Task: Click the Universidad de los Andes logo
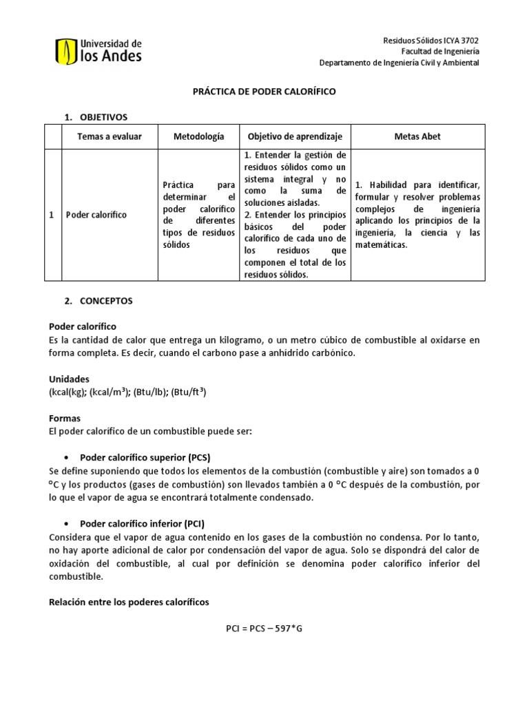coord(98,50)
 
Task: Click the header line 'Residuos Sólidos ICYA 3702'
coord(431,41)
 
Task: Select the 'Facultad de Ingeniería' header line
coord(441,52)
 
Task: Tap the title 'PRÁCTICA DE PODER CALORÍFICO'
coord(264,92)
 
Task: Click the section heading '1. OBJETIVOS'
coord(96,117)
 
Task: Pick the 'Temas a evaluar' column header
coord(110,136)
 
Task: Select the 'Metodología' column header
coord(199,136)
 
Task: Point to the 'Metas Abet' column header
coord(418,136)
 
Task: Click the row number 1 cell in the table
coord(52,215)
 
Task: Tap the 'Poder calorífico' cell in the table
coord(96,215)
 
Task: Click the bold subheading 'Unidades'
coord(69,379)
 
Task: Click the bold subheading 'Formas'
coord(65,418)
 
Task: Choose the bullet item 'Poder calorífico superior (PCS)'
coord(145,457)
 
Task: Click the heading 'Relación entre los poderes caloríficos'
coord(129,602)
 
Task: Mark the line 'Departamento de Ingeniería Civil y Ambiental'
coord(399,63)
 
